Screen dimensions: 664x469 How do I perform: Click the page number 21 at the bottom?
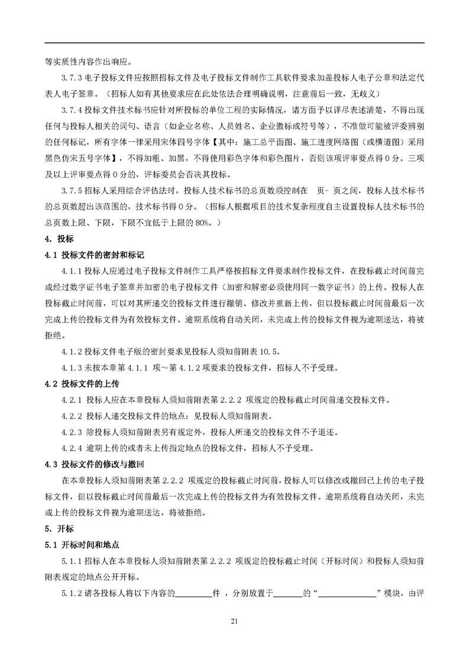[x=234, y=621]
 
